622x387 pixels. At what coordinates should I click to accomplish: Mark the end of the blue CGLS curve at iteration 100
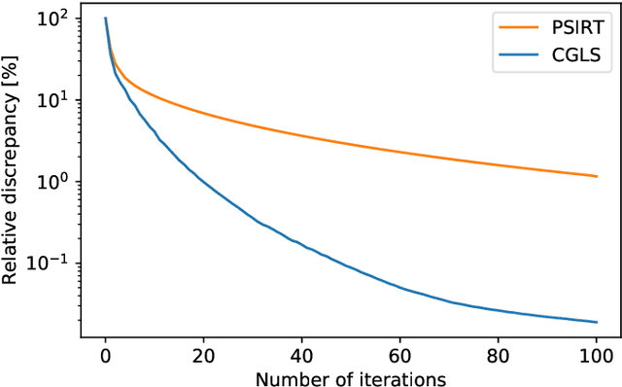(x=596, y=322)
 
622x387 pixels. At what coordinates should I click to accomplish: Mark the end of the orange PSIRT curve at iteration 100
(x=596, y=176)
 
